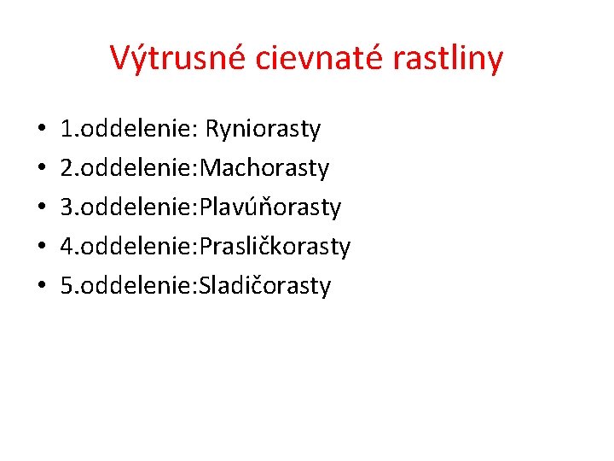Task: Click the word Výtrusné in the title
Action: pyautogui.click(x=175, y=59)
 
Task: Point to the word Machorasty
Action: pyautogui.click(x=264, y=168)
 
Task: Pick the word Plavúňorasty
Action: pyautogui.click(x=269, y=207)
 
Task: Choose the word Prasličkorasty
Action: pyautogui.click(x=275, y=247)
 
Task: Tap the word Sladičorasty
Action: pyautogui.click(x=264, y=286)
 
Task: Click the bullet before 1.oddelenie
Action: pyautogui.click(x=41, y=131)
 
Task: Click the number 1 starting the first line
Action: pyautogui.click(x=67, y=130)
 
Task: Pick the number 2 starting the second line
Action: pyautogui.click(x=67, y=169)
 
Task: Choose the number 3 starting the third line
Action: pyautogui.click(x=67, y=208)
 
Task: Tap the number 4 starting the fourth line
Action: pyautogui.click(x=67, y=248)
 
